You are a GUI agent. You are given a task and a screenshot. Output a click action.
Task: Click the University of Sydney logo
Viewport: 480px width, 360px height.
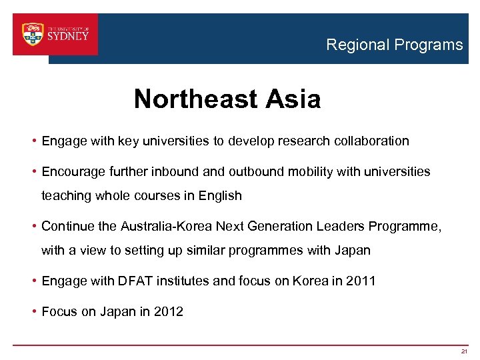coord(55,35)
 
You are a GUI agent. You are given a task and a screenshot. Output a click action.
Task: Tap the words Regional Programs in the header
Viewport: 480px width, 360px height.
coord(394,45)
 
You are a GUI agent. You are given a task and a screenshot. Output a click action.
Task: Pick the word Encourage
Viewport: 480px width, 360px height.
coord(71,172)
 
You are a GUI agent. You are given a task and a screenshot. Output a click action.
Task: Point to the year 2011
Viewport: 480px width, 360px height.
coord(361,281)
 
